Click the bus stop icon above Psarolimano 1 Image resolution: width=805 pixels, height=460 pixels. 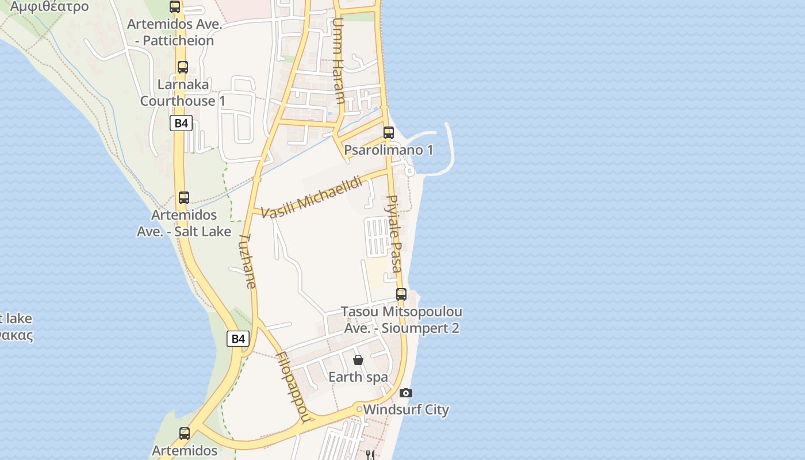point(389,133)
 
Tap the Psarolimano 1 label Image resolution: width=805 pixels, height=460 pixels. point(389,150)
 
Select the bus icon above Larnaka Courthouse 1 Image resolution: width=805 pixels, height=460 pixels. point(183,67)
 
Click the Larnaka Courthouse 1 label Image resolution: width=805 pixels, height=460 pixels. point(183,93)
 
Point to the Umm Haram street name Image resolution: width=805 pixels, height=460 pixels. point(339,61)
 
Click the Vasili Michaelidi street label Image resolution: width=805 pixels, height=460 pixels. point(312,198)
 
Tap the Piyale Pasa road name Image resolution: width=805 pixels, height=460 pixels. point(394,233)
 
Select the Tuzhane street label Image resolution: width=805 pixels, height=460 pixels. point(248,260)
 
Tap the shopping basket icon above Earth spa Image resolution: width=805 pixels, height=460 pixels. point(358,360)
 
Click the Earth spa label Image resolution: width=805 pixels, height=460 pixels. point(358,377)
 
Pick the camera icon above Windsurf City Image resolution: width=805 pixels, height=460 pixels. point(406,393)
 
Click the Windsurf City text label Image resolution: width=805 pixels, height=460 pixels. point(406,410)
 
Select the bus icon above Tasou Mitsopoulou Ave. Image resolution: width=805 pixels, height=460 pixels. point(401,294)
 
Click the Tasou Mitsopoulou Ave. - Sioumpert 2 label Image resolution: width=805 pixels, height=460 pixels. point(401,320)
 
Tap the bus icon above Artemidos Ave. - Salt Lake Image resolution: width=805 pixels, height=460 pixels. point(184,198)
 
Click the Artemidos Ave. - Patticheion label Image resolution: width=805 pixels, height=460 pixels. point(174,32)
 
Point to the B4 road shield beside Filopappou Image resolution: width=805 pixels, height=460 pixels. point(238,339)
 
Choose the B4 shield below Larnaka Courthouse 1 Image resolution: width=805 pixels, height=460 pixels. point(181,123)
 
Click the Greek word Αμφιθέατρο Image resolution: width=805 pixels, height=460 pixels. point(49,7)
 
